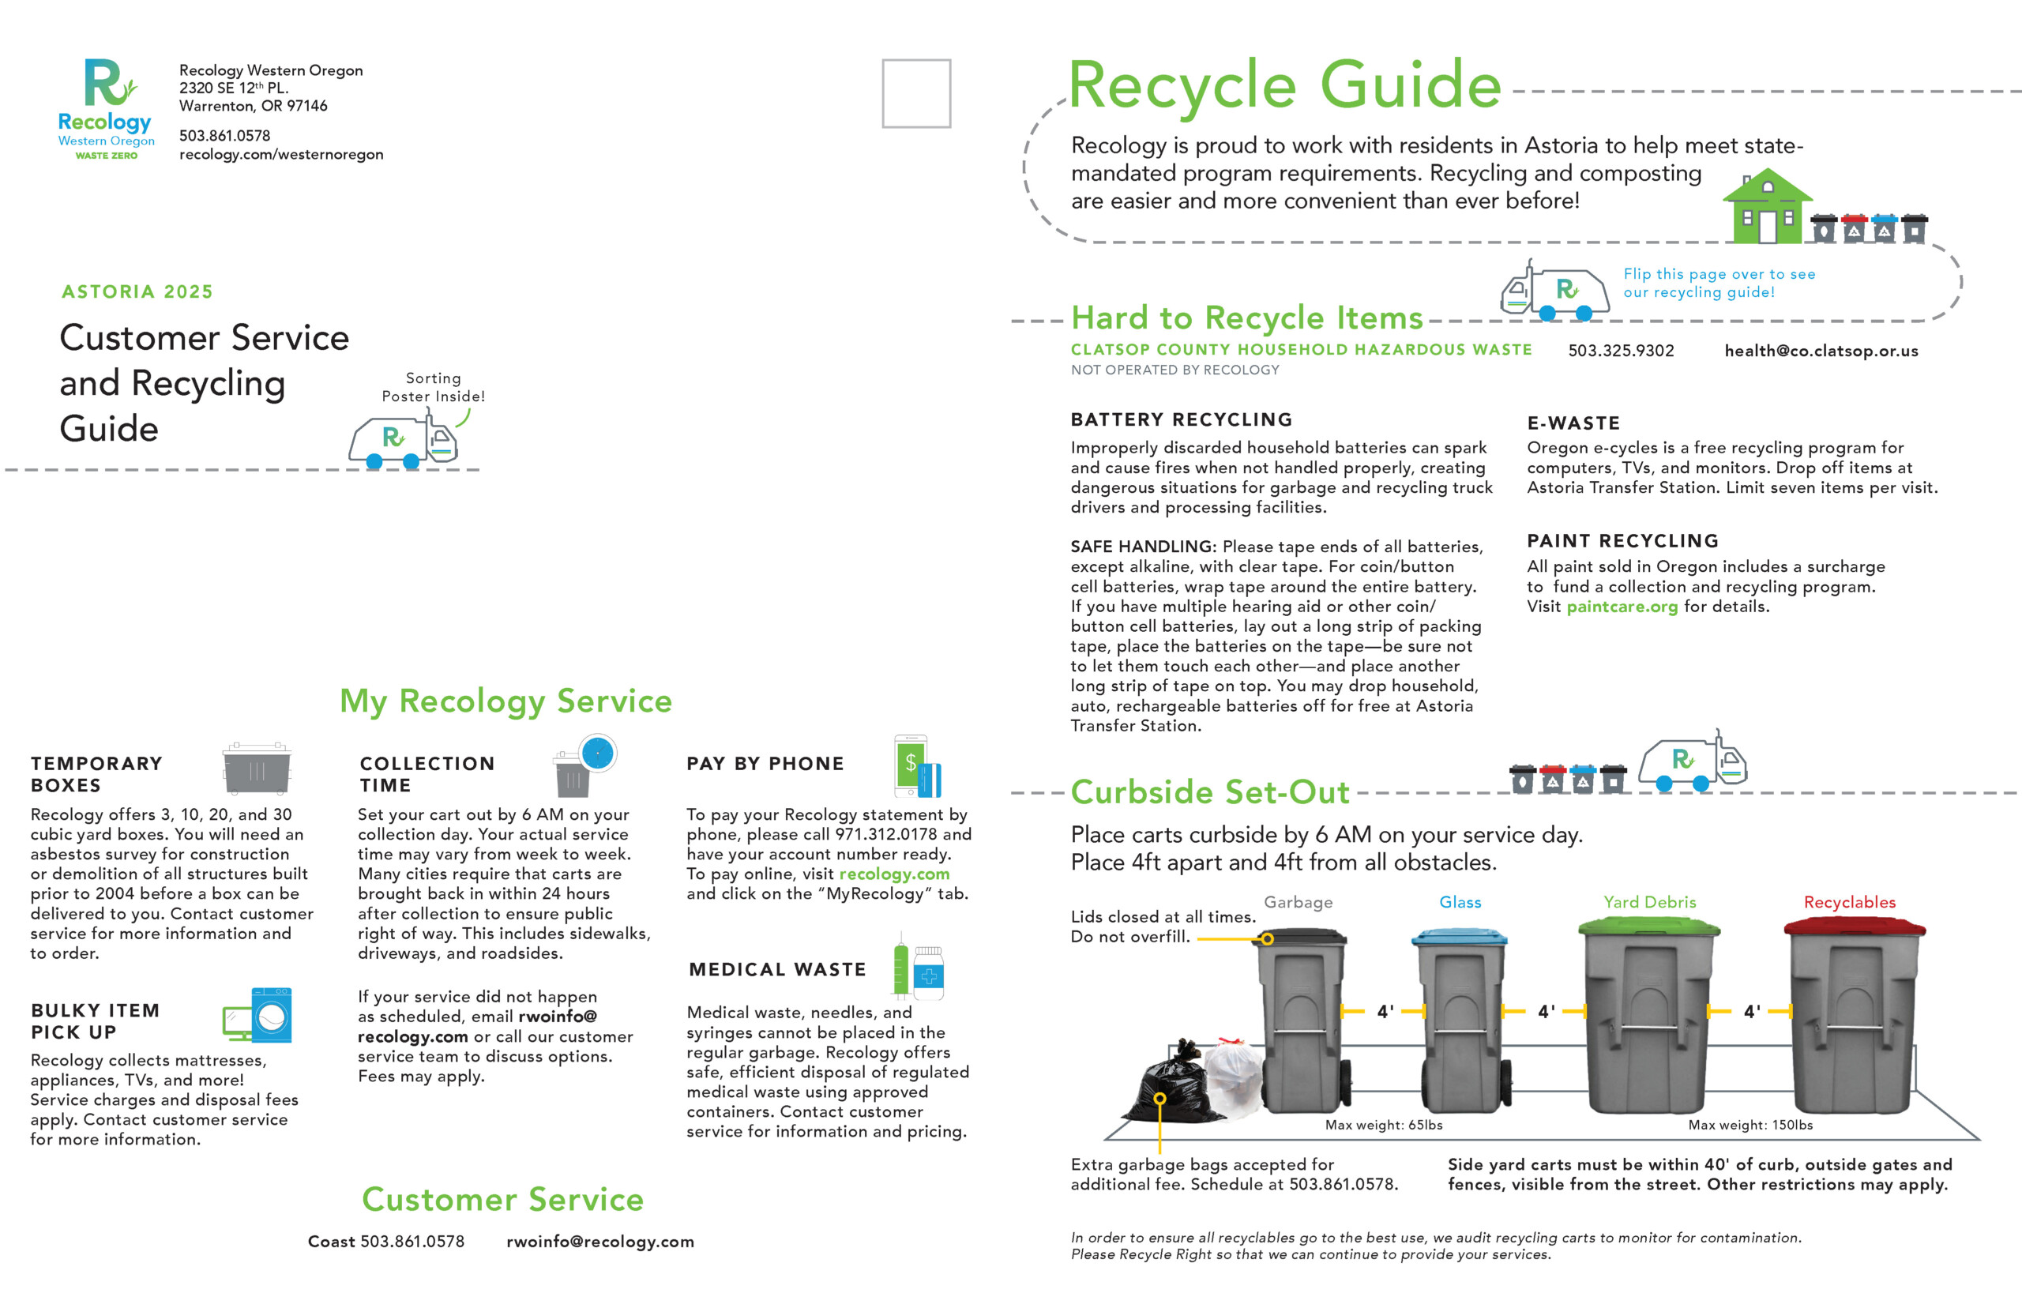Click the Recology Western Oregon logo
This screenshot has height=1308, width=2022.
coord(106,109)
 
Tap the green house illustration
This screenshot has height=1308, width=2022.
coord(1766,206)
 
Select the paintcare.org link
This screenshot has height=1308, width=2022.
coord(1622,607)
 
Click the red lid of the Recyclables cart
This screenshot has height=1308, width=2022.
coord(1855,926)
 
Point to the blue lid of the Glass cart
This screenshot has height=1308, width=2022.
coord(1459,937)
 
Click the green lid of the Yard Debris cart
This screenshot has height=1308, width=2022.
coord(1649,926)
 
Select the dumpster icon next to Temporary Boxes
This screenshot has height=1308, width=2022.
coord(257,769)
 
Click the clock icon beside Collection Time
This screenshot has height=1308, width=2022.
coord(598,754)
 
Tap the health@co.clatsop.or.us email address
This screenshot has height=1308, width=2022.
coord(1821,351)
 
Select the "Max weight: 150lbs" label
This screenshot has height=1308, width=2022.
coord(1750,1125)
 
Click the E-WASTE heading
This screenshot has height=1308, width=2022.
coord(1573,423)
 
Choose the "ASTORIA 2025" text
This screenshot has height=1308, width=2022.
coord(137,291)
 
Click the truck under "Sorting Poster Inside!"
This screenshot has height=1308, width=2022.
coord(404,440)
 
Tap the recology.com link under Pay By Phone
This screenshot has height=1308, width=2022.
coord(894,874)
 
